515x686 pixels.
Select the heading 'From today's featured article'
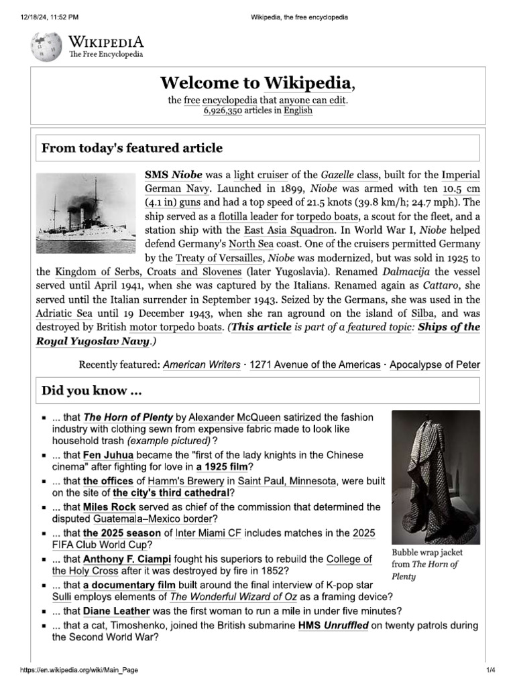click(x=132, y=147)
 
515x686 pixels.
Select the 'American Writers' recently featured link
click(x=202, y=365)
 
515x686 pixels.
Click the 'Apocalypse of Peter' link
click(x=435, y=365)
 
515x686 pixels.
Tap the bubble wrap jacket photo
click(x=436, y=476)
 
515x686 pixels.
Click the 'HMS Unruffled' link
click(x=333, y=625)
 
